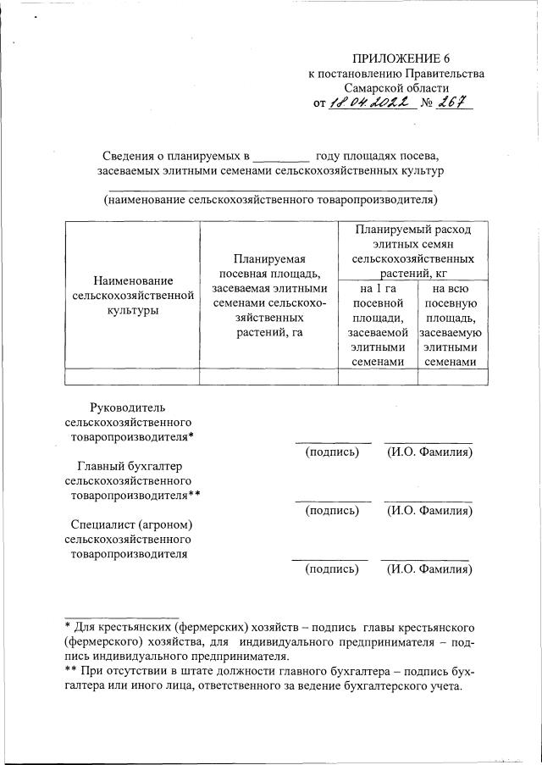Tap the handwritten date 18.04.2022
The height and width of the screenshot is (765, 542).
(369, 103)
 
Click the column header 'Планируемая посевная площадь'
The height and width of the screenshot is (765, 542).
(268, 295)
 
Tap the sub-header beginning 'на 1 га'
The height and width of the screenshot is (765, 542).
(378, 324)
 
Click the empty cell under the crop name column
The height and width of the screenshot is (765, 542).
(133, 377)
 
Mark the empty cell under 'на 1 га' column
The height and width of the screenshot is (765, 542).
(378, 377)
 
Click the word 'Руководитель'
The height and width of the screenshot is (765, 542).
(124, 407)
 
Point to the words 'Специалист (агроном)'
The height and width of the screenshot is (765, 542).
(124, 525)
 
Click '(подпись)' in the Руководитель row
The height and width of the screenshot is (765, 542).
(332, 452)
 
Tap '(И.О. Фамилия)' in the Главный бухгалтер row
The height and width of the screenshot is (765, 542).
(429, 511)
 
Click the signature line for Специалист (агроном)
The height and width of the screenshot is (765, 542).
(330, 559)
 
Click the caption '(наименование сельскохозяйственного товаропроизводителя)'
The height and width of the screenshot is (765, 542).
(270, 200)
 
